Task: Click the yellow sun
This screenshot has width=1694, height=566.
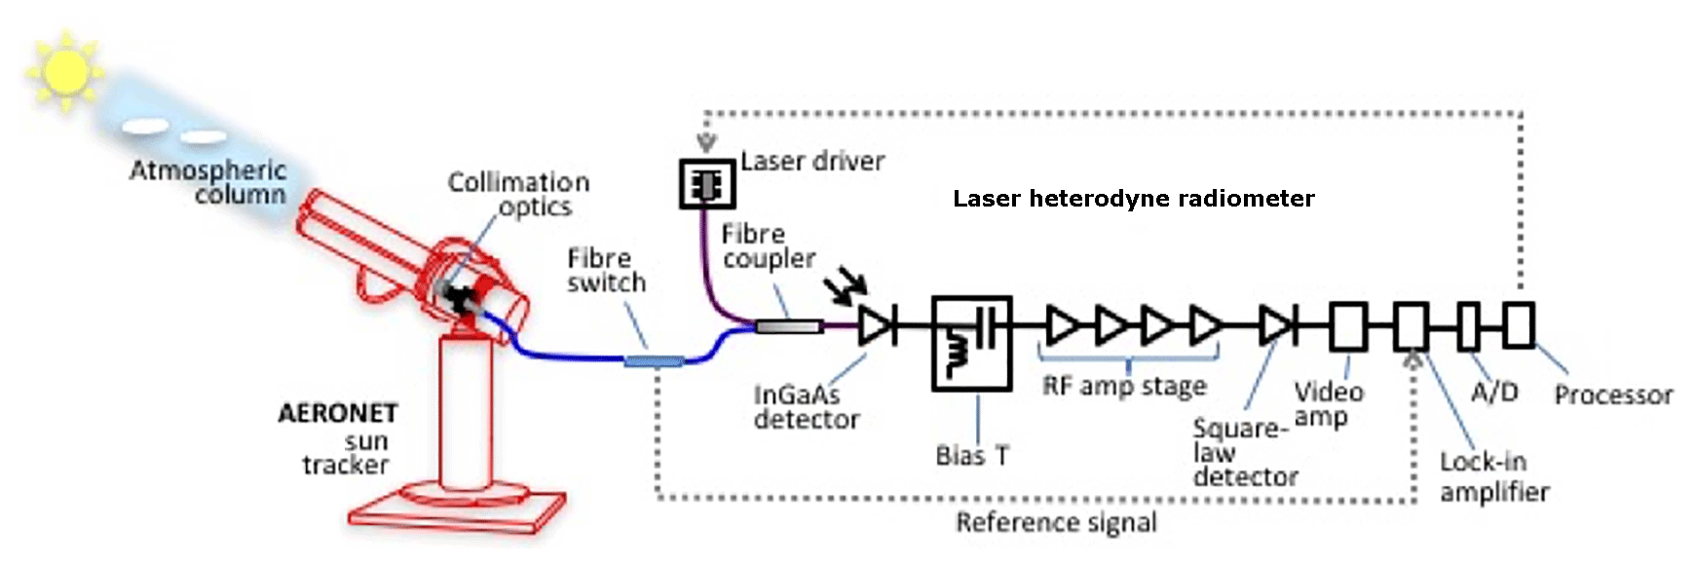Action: click(x=65, y=70)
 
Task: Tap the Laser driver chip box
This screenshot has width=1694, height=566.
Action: click(x=706, y=183)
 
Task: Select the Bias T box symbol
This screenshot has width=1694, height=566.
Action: click(x=971, y=343)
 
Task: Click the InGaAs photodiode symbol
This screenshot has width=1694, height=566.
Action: click(x=877, y=325)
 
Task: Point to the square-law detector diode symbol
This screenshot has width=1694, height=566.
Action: click(x=1276, y=325)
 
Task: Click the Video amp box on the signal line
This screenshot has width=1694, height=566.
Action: click(x=1348, y=325)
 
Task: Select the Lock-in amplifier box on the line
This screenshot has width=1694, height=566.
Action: click(x=1411, y=325)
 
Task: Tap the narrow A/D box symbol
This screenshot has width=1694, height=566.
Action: click(x=1468, y=325)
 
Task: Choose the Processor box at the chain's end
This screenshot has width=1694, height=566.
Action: click(x=1518, y=325)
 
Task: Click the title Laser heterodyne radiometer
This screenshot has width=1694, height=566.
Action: click(x=1133, y=199)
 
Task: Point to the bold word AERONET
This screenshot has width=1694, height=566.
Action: click(x=337, y=413)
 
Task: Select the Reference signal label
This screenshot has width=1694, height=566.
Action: click(x=1056, y=523)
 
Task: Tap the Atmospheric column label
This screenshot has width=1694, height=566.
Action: click(x=208, y=182)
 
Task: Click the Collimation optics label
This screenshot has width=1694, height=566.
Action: click(x=518, y=194)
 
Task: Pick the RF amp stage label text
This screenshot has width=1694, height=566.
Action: click(x=1124, y=386)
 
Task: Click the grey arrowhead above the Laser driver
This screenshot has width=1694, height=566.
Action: click(x=707, y=143)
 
